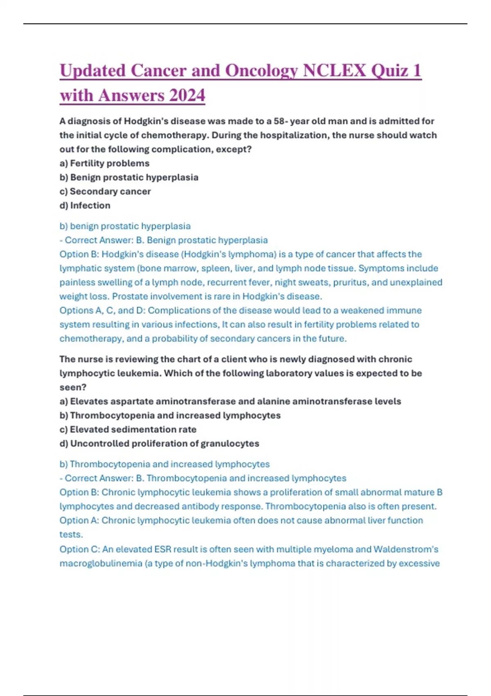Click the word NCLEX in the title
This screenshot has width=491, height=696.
[x=334, y=70]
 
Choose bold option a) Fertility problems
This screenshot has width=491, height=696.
[x=104, y=163]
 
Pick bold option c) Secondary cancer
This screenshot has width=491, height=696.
[x=105, y=191]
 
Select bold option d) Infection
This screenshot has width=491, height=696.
[x=85, y=206]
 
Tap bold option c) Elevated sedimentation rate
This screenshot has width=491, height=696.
[x=128, y=429]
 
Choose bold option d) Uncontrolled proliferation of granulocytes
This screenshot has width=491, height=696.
[x=159, y=443]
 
